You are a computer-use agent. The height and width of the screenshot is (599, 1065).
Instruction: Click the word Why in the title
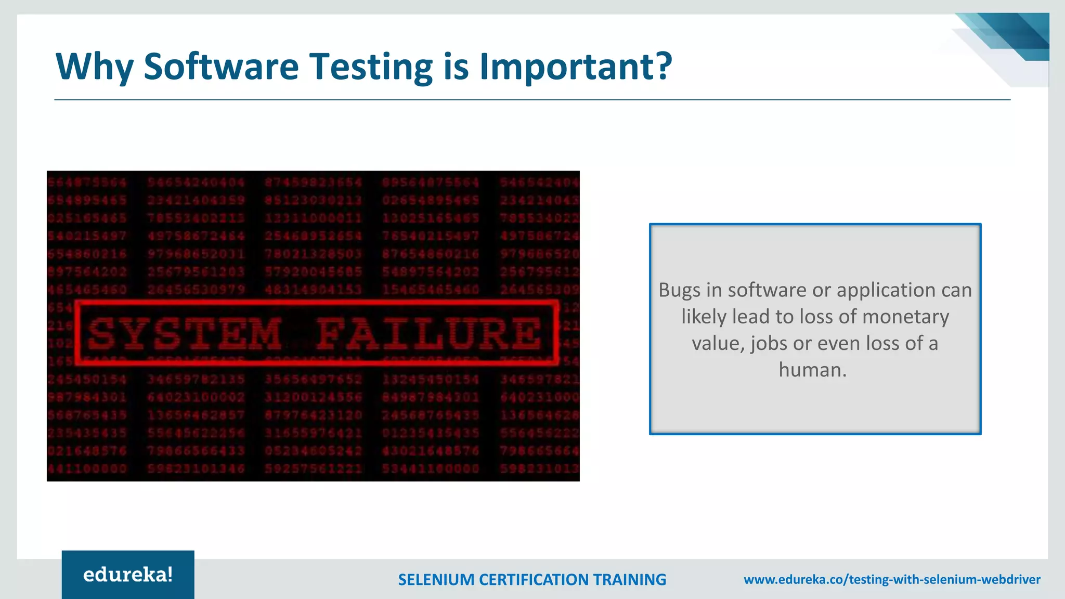click(94, 68)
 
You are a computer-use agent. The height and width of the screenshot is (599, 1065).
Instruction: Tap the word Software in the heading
click(221, 67)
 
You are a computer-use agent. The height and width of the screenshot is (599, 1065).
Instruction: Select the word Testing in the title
click(371, 68)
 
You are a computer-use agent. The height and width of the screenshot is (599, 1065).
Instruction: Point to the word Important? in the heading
click(576, 68)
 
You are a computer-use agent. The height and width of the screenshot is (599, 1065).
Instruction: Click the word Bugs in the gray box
click(679, 291)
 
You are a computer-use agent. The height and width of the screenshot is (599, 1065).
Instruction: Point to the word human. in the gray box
click(813, 370)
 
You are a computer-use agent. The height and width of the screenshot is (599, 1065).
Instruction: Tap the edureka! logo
click(128, 575)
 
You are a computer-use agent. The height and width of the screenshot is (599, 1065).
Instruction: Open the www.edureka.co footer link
click(892, 580)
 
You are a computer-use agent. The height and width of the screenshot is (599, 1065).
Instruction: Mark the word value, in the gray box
click(718, 344)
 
